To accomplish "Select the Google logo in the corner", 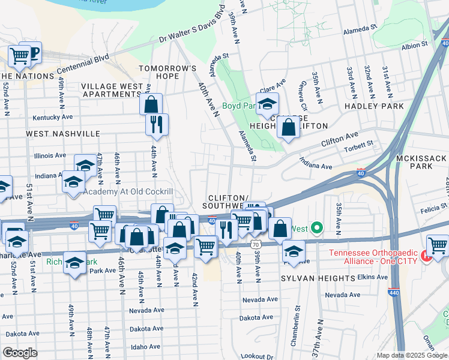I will (20, 353).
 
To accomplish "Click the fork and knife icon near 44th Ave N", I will (156, 124).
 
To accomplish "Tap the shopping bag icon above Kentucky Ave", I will (151, 104).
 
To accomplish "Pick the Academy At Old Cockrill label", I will (128, 191).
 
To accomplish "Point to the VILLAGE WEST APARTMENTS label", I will (112, 90).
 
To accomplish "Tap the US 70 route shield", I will (256, 244).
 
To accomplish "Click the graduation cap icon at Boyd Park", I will (268, 103).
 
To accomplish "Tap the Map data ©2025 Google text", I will (411, 355).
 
